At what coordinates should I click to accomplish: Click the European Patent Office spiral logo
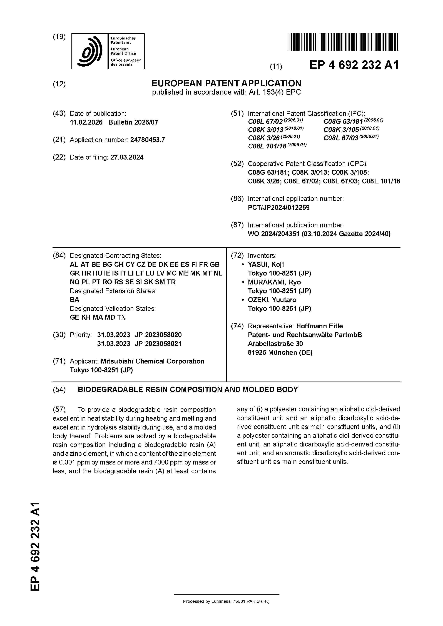[x=90, y=51]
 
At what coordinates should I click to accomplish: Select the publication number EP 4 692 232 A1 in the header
[x=354, y=65]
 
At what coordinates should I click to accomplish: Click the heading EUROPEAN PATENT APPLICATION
[x=226, y=83]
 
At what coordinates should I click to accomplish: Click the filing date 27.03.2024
[x=127, y=157]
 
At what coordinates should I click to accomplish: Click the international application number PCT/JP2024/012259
[x=279, y=208]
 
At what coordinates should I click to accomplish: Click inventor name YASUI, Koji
[x=266, y=264]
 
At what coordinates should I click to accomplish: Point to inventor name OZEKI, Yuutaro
[x=272, y=300]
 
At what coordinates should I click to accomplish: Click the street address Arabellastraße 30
[x=275, y=344]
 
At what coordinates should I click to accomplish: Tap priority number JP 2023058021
[x=158, y=344]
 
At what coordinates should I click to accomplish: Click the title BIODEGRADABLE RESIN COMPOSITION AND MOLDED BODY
[x=188, y=390]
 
